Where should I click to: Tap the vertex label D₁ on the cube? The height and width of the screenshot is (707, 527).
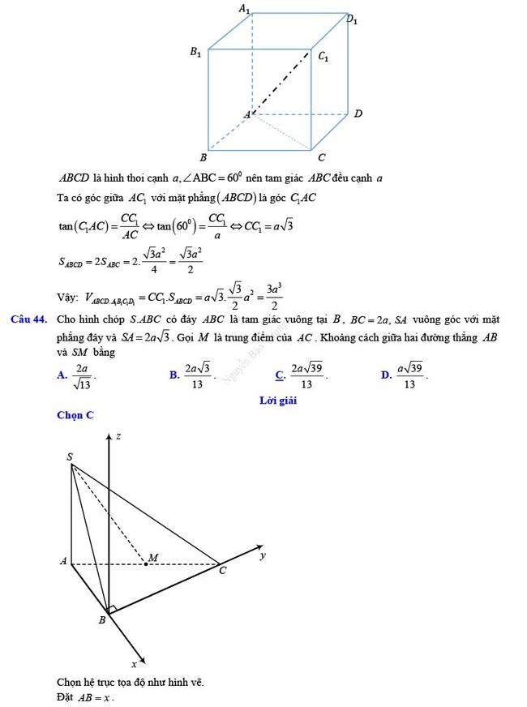[352, 18]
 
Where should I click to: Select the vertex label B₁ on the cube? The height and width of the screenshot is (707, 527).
[195, 52]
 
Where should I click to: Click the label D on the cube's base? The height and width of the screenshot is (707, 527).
[358, 114]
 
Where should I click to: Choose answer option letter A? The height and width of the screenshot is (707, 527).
[61, 375]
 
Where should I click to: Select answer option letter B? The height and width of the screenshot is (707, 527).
[174, 375]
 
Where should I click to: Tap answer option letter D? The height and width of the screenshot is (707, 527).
[385, 375]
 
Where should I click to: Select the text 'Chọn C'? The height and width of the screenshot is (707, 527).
[75, 415]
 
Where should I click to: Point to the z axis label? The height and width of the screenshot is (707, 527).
[118, 436]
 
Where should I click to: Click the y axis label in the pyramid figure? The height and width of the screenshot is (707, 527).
[262, 555]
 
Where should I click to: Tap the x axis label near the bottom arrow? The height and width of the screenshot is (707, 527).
[134, 663]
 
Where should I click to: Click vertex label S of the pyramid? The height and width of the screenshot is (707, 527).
[70, 457]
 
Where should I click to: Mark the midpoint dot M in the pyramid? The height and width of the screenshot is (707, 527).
[146, 563]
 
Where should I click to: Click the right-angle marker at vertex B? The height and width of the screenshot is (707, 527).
[113, 609]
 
